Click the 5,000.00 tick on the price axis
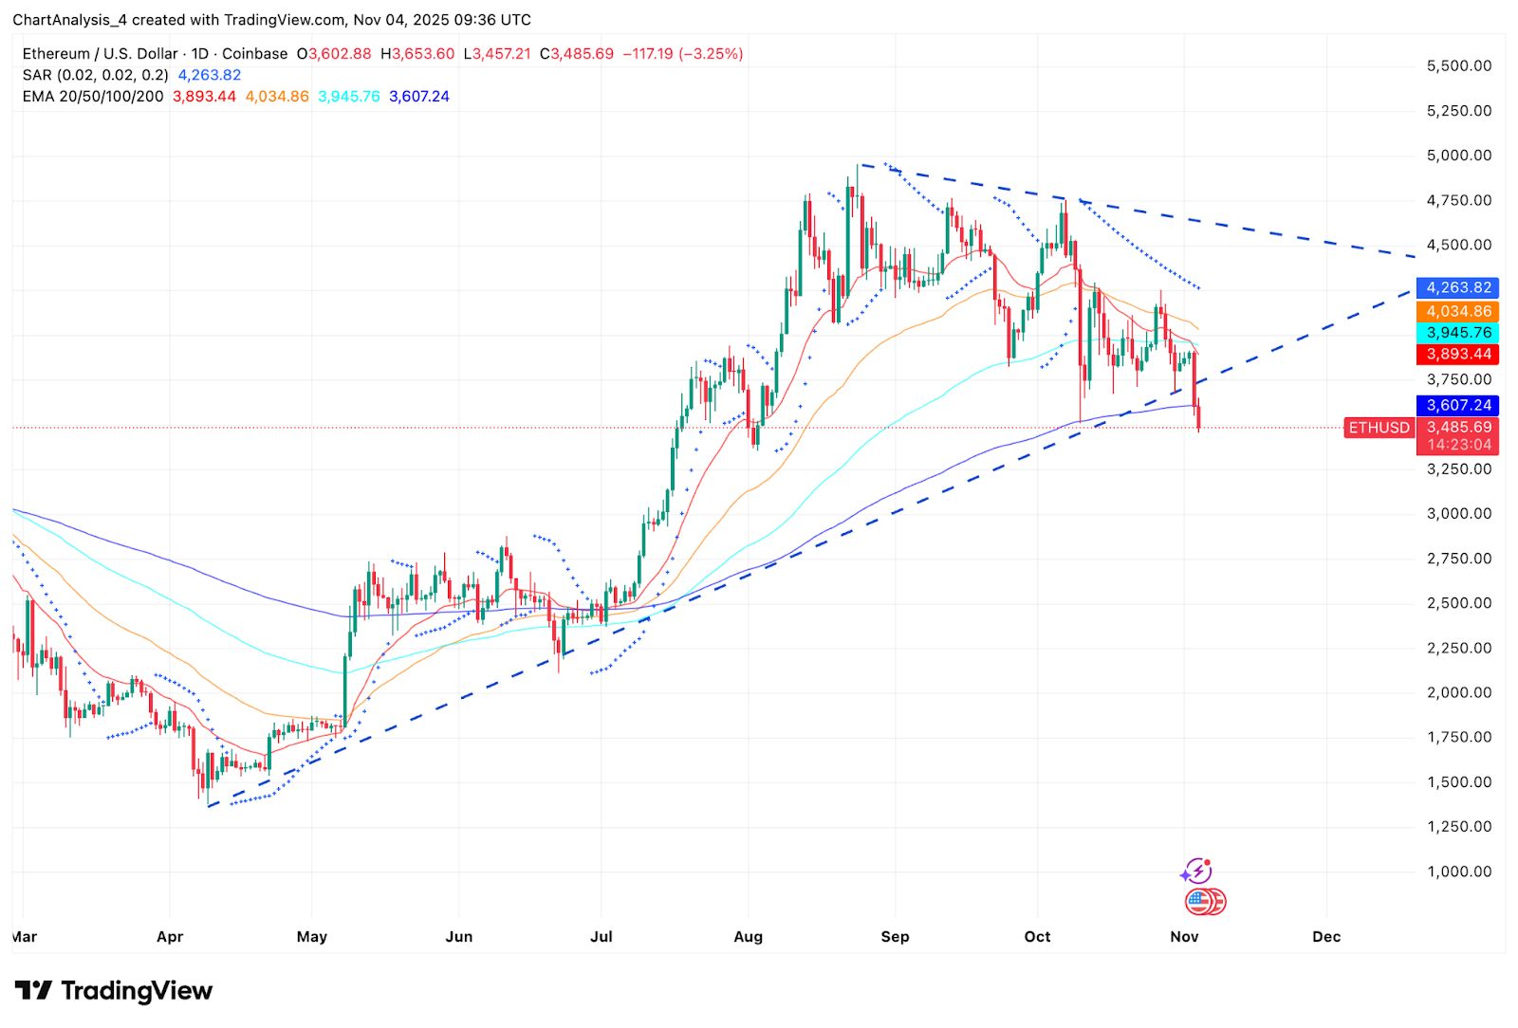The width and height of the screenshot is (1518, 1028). [x=1458, y=156]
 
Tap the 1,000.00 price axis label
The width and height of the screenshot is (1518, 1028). [x=1458, y=872]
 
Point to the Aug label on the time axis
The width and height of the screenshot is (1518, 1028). [x=748, y=937]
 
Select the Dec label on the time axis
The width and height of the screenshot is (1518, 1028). [x=1326, y=937]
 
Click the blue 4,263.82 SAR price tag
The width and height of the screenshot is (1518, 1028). [x=1458, y=287]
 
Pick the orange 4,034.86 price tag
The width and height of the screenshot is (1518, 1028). [x=1458, y=311]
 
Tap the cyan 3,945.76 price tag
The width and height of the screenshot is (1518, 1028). [x=1458, y=333]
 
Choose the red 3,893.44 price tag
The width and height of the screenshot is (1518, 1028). [x=1458, y=355]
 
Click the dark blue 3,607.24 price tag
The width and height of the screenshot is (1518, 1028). [x=1458, y=405]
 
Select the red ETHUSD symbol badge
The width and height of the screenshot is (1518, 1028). [x=1379, y=428]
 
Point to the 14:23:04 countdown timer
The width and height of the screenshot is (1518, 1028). [x=1458, y=445]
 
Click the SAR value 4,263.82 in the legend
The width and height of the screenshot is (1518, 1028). [x=210, y=75]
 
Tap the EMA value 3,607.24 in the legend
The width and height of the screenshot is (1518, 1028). [x=419, y=97]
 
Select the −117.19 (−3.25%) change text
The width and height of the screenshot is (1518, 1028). [x=682, y=54]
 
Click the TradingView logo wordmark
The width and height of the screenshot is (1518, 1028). [x=114, y=991]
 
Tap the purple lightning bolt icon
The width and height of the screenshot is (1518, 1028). [x=1197, y=871]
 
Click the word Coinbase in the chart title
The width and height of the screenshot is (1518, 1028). [x=254, y=54]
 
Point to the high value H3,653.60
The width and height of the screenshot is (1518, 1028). [x=417, y=54]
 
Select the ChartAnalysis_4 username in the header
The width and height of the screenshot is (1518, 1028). [x=71, y=20]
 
